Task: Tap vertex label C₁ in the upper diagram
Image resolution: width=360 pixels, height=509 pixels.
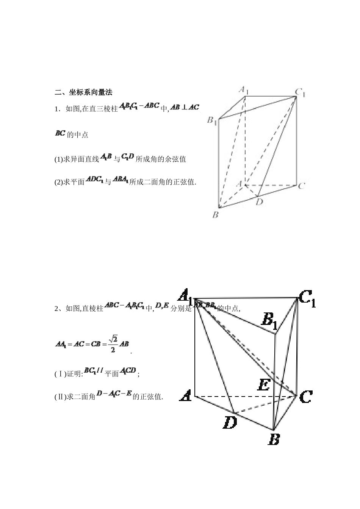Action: click(300, 92)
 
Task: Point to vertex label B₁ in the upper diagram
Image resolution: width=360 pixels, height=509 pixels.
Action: click(211, 121)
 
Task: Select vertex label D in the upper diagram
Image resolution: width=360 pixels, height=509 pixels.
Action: click(259, 202)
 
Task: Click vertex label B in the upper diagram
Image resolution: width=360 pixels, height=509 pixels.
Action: click(215, 215)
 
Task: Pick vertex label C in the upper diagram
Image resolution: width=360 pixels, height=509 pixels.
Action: click(302, 186)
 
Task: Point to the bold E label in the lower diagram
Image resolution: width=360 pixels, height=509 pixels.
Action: click(263, 385)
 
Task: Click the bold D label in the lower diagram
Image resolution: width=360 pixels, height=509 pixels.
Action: click(230, 422)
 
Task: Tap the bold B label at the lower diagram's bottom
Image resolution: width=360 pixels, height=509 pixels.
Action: click(274, 439)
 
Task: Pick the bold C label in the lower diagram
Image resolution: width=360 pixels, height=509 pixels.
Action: click(305, 397)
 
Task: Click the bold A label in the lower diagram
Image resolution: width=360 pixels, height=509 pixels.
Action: click(185, 397)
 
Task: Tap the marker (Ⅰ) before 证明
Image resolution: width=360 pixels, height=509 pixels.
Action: click(61, 374)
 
